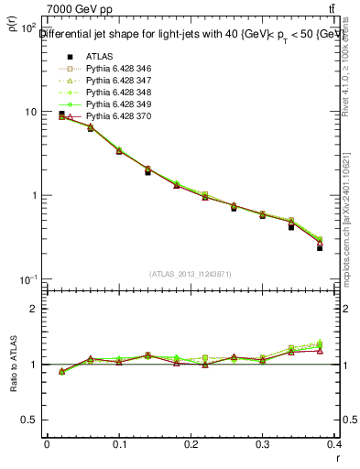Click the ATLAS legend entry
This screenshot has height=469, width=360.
click(x=98, y=56)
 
